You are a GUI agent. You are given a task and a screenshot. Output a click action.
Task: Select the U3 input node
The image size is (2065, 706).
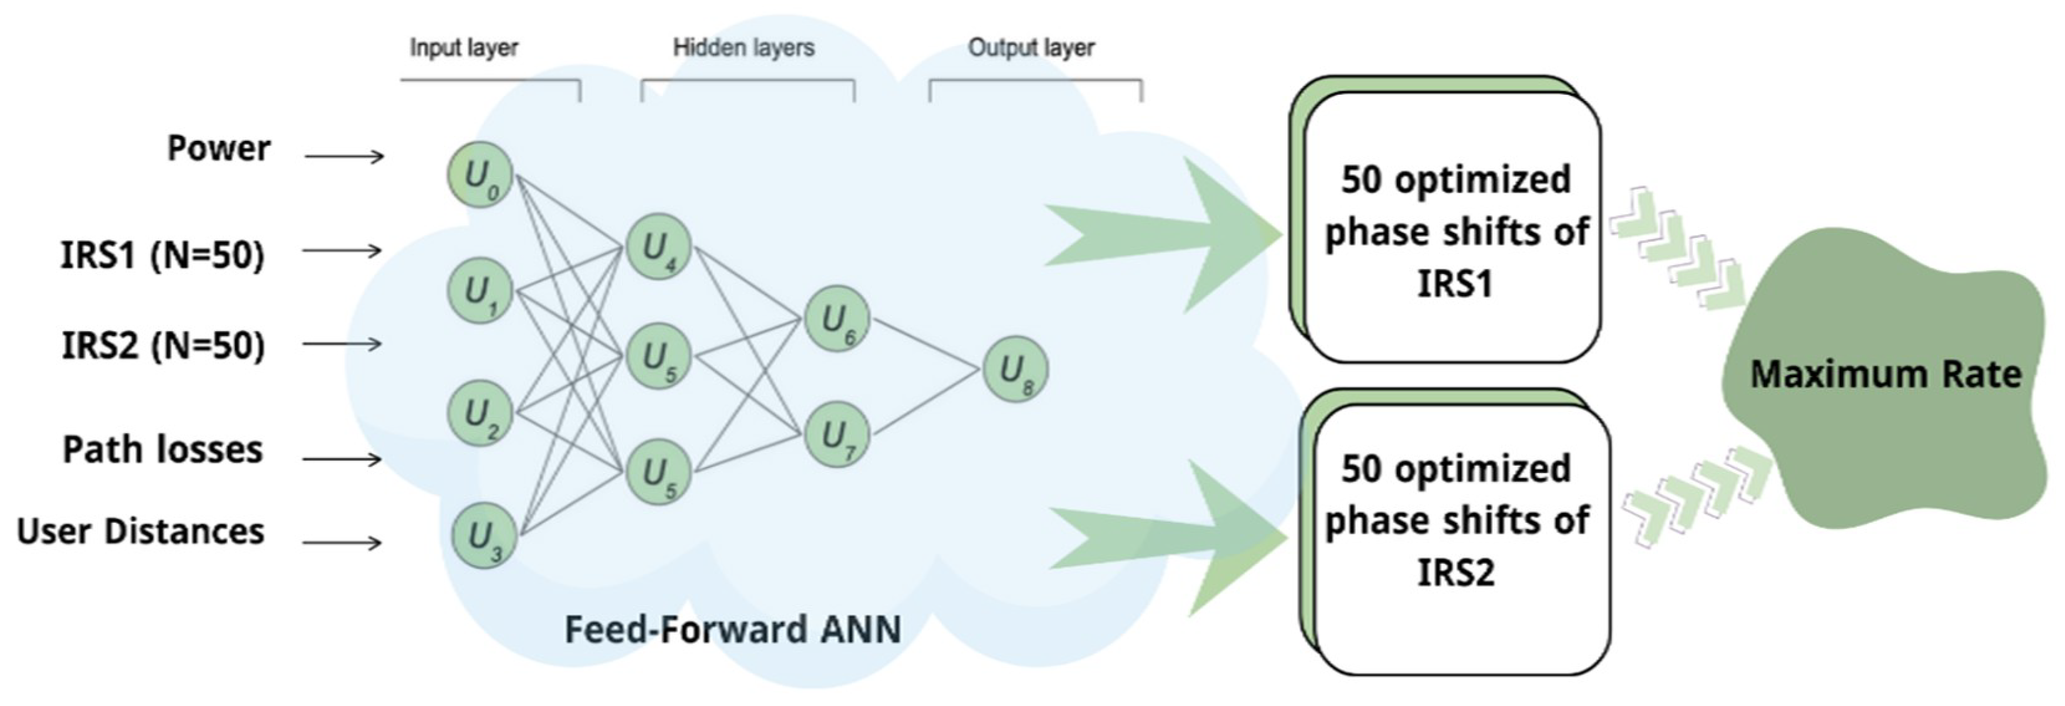(483, 536)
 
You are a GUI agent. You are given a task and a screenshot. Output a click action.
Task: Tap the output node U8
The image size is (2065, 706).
(1016, 370)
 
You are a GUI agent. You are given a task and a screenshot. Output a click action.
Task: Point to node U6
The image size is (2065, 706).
(837, 319)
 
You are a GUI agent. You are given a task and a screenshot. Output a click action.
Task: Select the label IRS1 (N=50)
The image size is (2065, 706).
(162, 255)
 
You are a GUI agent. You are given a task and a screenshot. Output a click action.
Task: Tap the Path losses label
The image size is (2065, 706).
(162, 449)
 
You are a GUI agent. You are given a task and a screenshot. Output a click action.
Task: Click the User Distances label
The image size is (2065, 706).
(140, 531)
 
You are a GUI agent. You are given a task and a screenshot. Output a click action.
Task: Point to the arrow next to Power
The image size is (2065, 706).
(345, 156)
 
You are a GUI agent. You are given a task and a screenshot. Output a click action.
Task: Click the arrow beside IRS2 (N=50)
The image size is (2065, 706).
(342, 344)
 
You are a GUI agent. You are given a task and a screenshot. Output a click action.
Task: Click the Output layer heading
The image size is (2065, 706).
(1031, 48)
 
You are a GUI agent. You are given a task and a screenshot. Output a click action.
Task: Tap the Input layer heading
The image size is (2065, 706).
(463, 48)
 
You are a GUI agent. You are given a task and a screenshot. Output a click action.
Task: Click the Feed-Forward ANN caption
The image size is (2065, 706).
(733, 629)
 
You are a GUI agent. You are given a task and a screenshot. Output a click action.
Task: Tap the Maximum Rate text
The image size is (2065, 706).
(1885, 374)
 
